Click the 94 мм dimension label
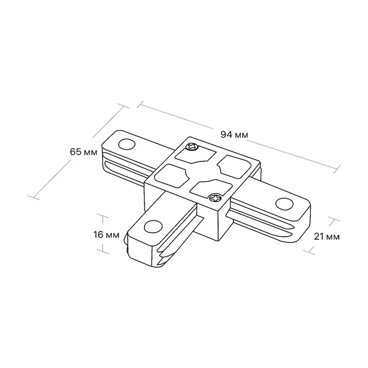[234, 135]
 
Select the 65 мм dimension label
[84, 152]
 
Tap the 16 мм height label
[106, 234]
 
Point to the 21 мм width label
[326, 237]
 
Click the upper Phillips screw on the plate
[191, 147]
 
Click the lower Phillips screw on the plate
[215, 198]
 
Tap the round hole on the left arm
[127, 144]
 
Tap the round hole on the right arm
[284, 203]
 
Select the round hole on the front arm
[154, 227]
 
